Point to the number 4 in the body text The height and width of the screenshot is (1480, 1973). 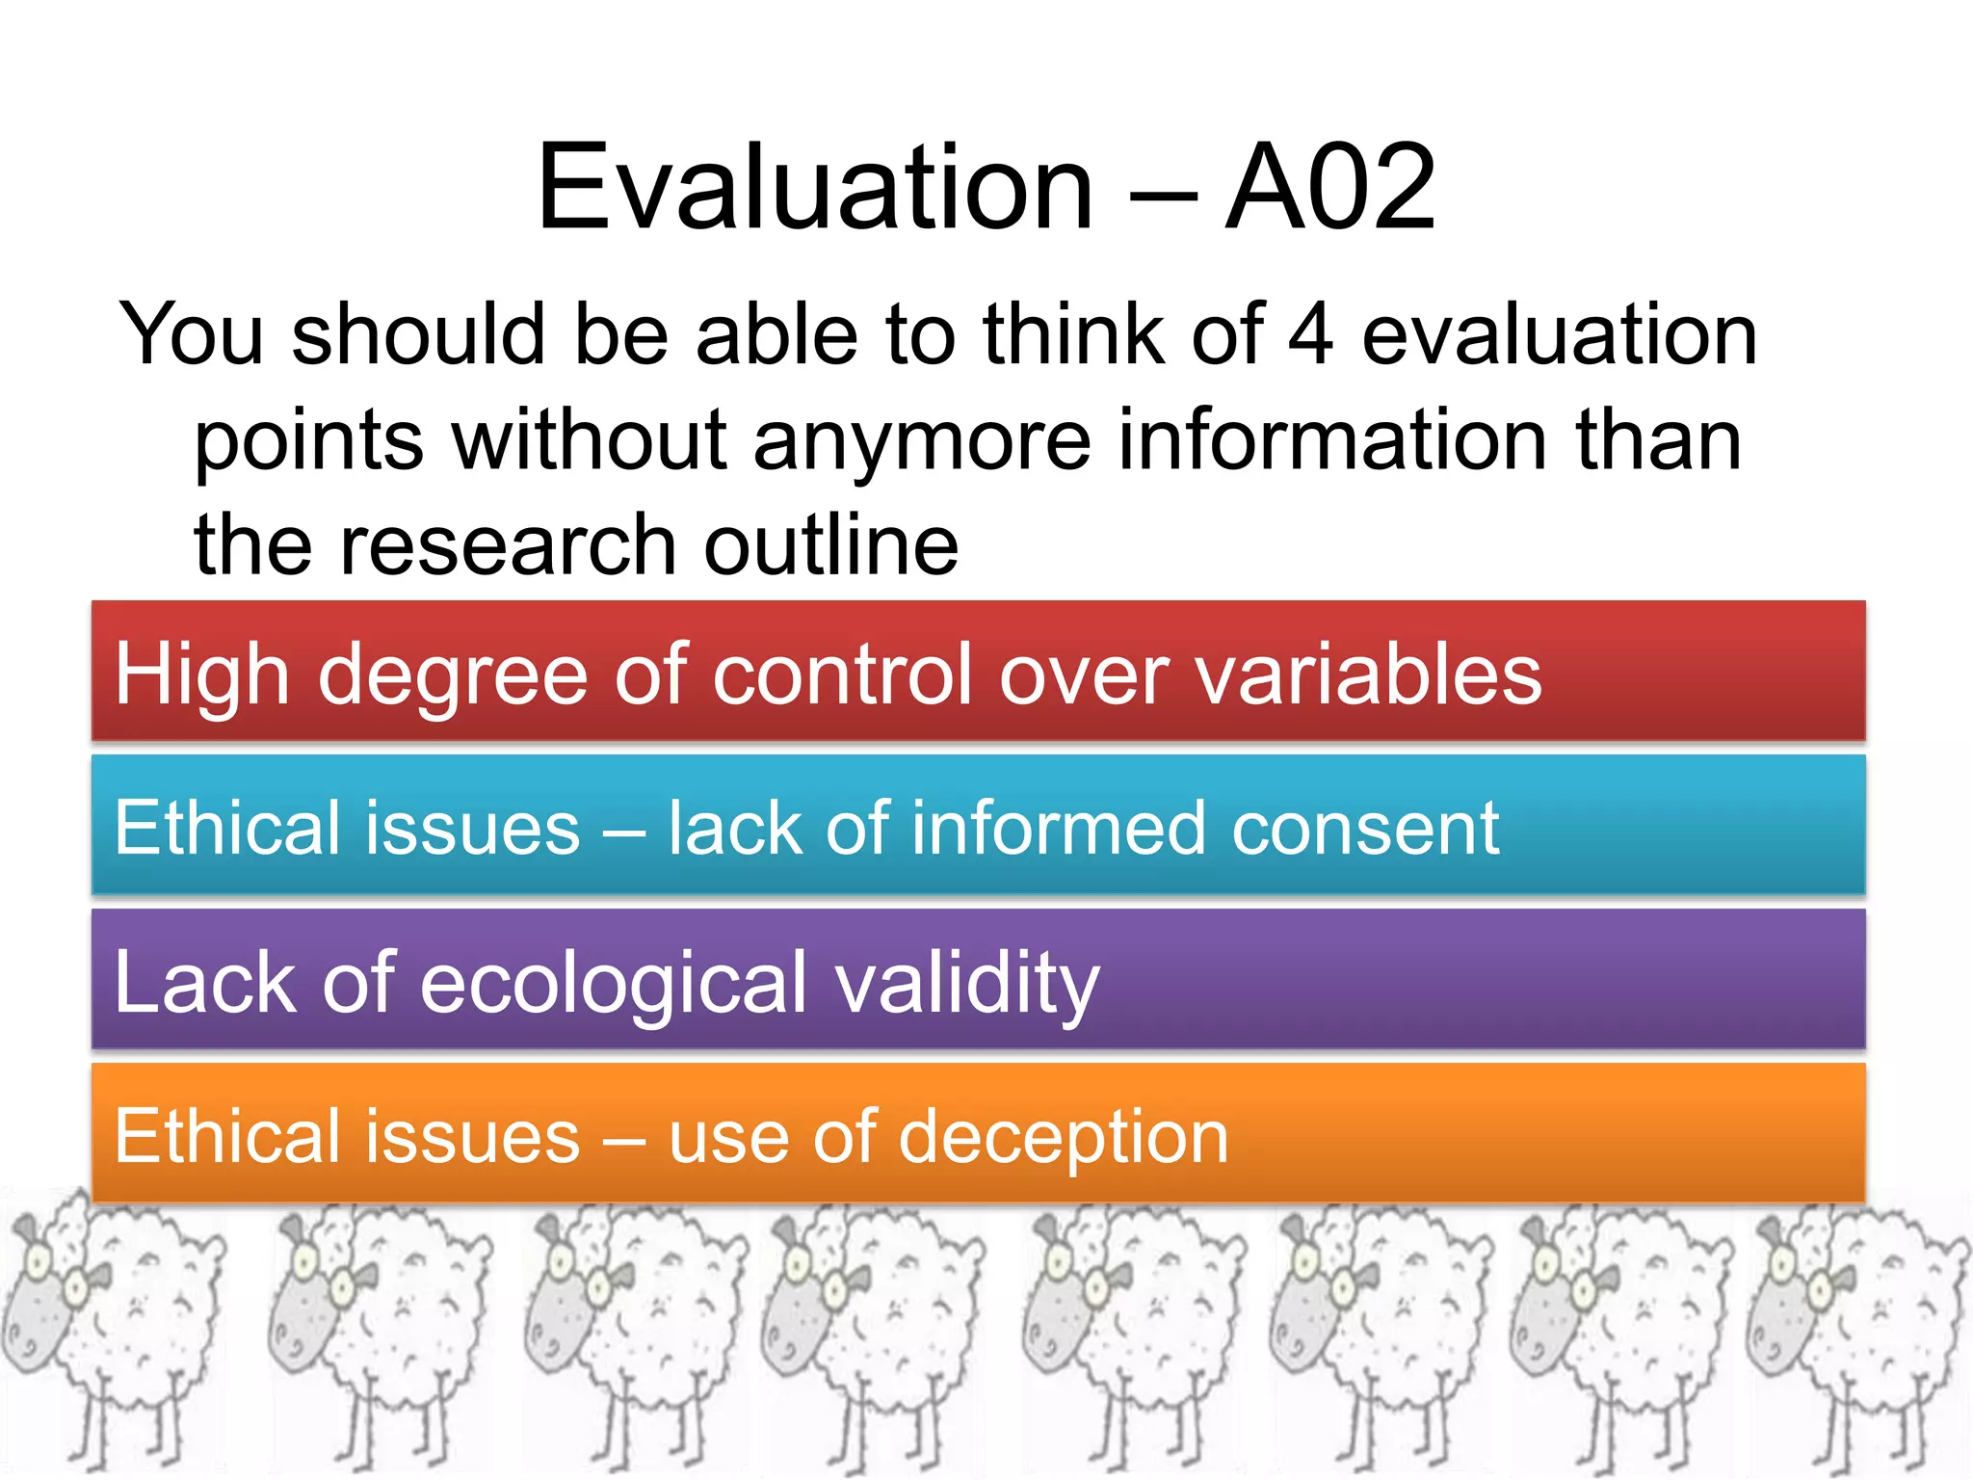[1310, 334]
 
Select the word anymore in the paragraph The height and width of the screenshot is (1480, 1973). [922, 440]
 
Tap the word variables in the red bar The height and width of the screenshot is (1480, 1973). [1368, 674]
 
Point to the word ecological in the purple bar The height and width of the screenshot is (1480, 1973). [614, 983]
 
